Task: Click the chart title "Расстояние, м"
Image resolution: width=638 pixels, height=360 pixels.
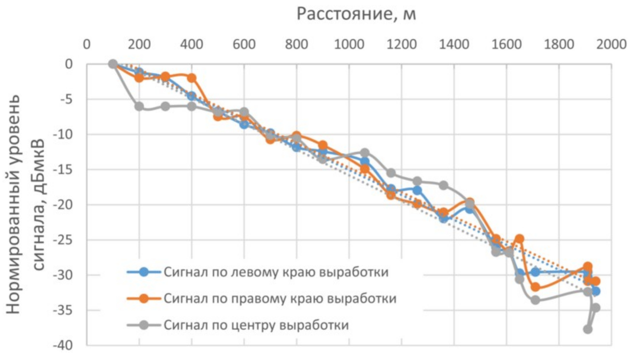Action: (x=356, y=14)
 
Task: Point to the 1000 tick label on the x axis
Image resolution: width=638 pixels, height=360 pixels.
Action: (x=349, y=44)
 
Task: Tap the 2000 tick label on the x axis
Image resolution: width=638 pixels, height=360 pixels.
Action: (x=611, y=44)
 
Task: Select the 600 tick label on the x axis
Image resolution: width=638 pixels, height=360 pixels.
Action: (x=244, y=44)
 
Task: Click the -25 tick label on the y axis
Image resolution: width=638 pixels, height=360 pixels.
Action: (x=64, y=240)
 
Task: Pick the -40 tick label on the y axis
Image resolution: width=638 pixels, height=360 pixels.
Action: (x=64, y=345)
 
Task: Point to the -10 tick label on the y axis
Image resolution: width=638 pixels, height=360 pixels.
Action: (x=64, y=134)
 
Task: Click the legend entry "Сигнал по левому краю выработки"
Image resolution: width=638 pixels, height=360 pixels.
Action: (x=276, y=272)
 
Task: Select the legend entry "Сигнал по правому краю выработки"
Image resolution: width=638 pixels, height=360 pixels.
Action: (x=280, y=298)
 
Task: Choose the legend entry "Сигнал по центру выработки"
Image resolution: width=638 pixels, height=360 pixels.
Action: (x=256, y=325)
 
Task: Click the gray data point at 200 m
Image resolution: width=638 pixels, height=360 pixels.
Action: (x=139, y=106)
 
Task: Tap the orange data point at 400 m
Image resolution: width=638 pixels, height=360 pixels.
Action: (x=192, y=78)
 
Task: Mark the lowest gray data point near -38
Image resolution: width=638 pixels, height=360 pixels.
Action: (x=588, y=329)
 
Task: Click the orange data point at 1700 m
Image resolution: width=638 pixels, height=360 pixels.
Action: (x=535, y=287)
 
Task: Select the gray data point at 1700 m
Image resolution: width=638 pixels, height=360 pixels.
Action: (x=535, y=300)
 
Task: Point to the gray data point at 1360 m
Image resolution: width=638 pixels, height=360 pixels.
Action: (x=444, y=185)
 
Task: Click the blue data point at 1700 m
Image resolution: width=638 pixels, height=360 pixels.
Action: (x=535, y=272)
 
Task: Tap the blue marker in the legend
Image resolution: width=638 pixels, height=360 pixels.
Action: (x=144, y=272)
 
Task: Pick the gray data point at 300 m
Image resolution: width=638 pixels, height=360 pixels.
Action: (x=165, y=106)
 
